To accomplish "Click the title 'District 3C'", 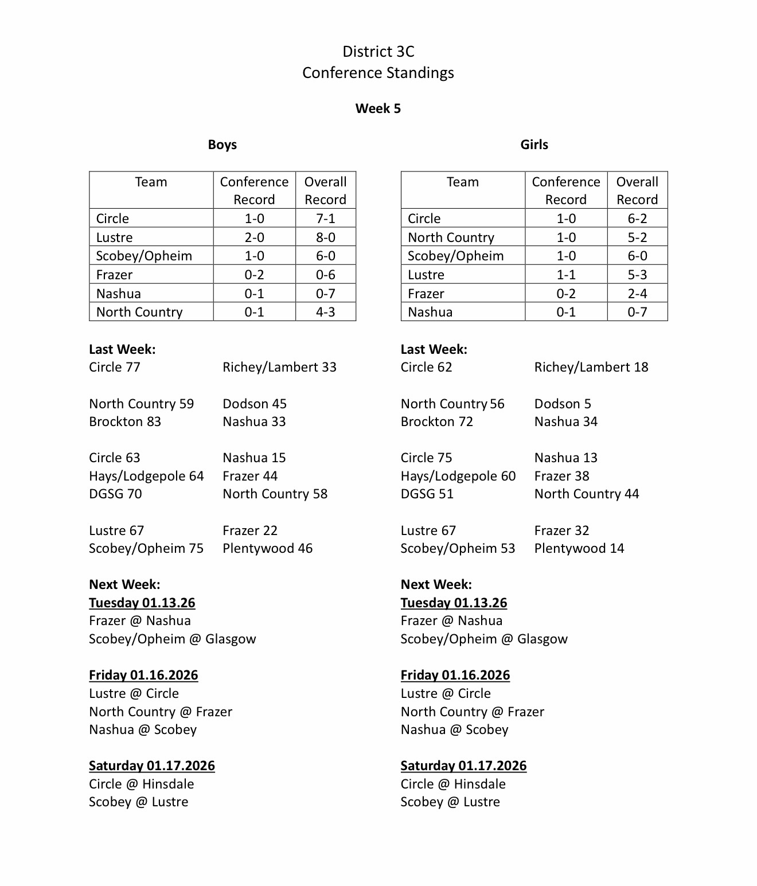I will (x=378, y=52).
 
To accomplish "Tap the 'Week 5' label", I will (x=378, y=108).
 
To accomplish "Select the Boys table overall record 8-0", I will (x=325, y=237).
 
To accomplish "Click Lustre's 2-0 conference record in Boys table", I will (x=254, y=237).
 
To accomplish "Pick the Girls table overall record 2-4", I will (x=637, y=294).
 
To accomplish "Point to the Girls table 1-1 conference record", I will (x=566, y=275).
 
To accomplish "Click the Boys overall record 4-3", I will (x=325, y=312).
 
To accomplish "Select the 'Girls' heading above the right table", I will (x=534, y=145).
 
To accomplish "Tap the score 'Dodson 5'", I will (x=563, y=404).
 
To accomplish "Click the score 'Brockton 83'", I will (x=125, y=421).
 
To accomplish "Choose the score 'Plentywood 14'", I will (x=579, y=548).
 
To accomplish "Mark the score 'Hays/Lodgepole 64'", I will (x=146, y=476).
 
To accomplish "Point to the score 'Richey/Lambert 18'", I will (x=591, y=367).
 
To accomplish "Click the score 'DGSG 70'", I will (x=115, y=494).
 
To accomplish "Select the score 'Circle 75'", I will (x=426, y=458).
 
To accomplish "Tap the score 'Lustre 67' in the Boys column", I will (x=116, y=530).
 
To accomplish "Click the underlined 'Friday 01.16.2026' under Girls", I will (x=455, y=675).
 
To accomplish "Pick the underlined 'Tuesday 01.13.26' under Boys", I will (x=142, y=603).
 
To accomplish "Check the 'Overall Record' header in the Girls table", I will (x=637, y=190).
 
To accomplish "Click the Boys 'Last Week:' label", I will (x=122, y=349).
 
